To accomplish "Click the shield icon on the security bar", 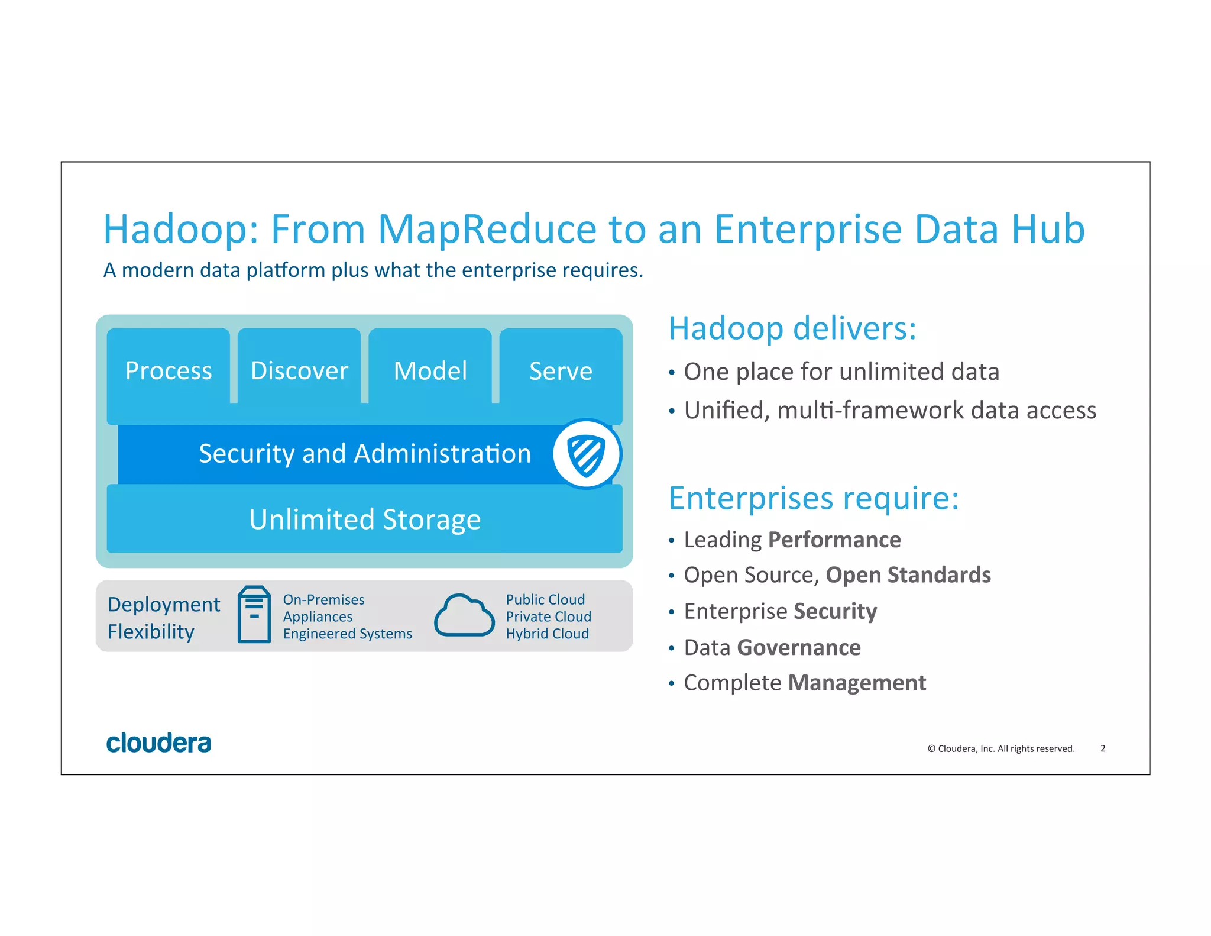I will (x=586, y=454).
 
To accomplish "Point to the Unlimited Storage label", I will (x=365, y=519).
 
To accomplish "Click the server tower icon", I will (x=254, y=615).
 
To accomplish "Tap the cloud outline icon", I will (x=464, y=615).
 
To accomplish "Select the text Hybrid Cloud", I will (x=547, y=634).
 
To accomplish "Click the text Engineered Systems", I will (x=347, y=634).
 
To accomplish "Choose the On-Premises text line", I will (x=323, y=599).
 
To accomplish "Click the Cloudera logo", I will (x=158, y=743).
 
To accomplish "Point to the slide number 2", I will (x=1103, y=748).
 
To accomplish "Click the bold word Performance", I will (x=834, y=540).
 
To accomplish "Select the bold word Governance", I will (x=799, y=648).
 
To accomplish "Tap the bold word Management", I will (x=857, y=683).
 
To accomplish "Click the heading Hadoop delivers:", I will (x=792, y=328).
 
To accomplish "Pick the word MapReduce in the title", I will (x=487, y=229).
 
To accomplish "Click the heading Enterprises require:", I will (x=814, y=498).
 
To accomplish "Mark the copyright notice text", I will (x=1000, y=748).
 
